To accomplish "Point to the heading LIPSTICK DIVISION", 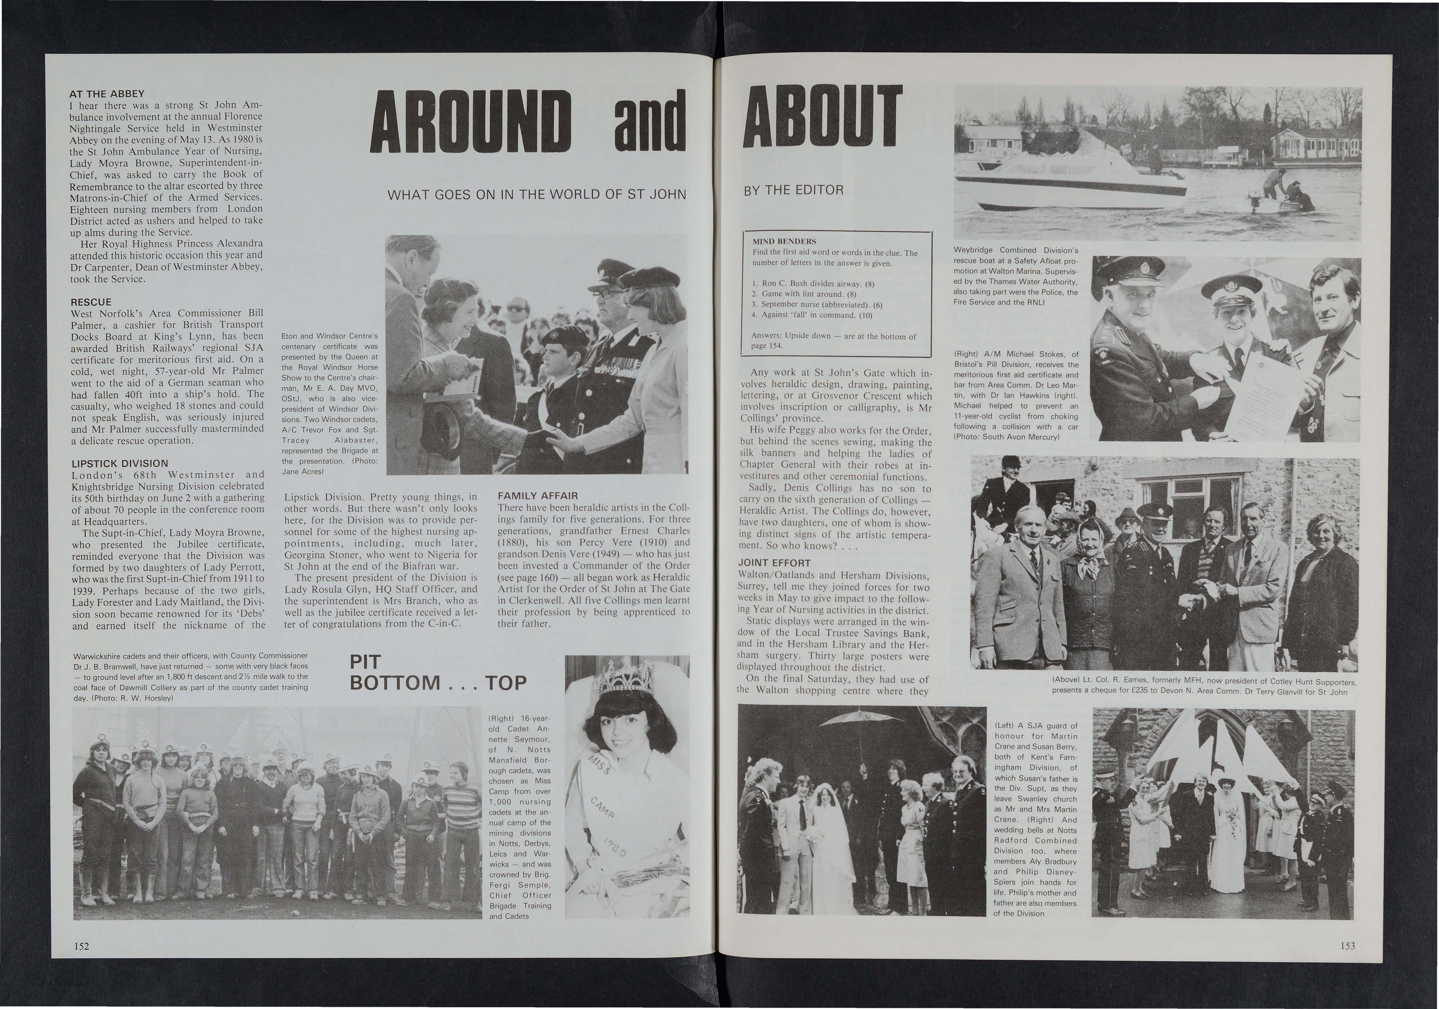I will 119,464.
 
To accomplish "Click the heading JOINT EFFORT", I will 774,563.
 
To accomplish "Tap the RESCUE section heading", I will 91,302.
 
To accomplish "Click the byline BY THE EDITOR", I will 793,190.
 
